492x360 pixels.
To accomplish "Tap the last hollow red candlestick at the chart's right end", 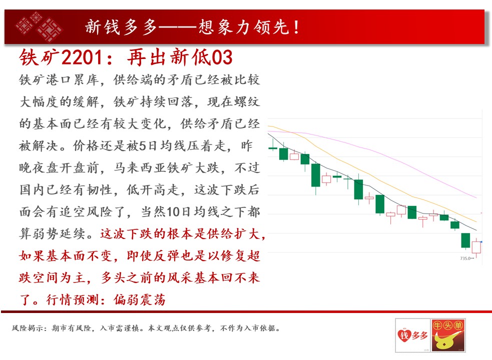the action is pyautogui.click(x=476, y=247).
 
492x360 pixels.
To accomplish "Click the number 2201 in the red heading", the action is pyautogui.click(x=82, y=57).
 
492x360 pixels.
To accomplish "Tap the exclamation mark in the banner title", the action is pyautogui.click(x=296, y=27).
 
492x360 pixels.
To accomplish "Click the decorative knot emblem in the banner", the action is pyautogui.click(x=39, y=26).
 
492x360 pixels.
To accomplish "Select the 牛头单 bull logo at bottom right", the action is pyautogui.click(x=448, y=335).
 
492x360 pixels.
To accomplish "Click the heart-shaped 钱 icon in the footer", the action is pyautogui.click(x=404, y=335).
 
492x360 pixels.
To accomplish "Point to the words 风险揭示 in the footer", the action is pyautogui.click(x=28, y=328).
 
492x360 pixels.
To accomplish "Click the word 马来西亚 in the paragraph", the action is pyautogui.click(x=140, y=168).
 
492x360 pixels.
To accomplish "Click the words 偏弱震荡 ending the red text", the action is pyautogui.click(x=140, y=300).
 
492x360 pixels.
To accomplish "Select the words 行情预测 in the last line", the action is pyautogui.click(x=73, y=300).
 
